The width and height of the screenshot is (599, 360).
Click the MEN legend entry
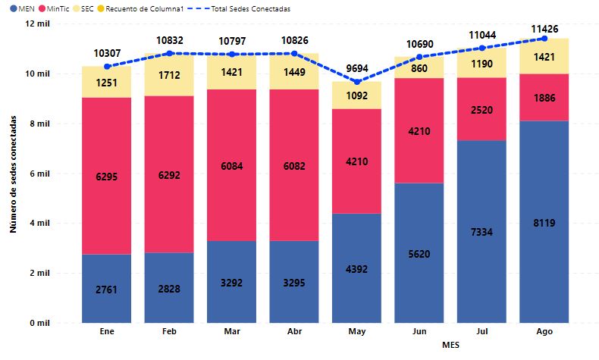[x=22, y=8]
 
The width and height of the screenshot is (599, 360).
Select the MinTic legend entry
[x=55, y=8]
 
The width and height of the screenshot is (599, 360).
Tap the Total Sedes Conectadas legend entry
[x=238, y=8]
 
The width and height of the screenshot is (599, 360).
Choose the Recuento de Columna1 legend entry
[x=140, y=8]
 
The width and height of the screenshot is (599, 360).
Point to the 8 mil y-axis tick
[x=39, y=124]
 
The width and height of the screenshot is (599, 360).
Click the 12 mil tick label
[x=37, y=23]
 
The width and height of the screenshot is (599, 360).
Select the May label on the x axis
[x=357, y=331]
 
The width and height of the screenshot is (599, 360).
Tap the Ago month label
[x=544, y=331]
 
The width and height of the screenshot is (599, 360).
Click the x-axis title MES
[x=451, y=345]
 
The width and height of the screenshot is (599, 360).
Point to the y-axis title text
[x=14, y=174]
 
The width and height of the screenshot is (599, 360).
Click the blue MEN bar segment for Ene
[x=107, y=289]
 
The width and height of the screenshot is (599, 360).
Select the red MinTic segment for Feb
[x=169, y=174]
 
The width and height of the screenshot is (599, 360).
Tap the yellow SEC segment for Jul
[x=481, y=63]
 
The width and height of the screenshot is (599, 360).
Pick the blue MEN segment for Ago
[x=544, y=222]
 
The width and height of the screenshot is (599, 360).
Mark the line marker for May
[x=357, y=82]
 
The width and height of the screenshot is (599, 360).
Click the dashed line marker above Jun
[x=419, y=57]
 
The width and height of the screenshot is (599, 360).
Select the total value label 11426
[x=544, y=29]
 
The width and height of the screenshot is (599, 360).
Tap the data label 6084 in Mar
[x=232, y=166]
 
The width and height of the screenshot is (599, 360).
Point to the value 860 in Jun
[x=419, y=68]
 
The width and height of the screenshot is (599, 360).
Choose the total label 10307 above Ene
[x=108, y=54]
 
